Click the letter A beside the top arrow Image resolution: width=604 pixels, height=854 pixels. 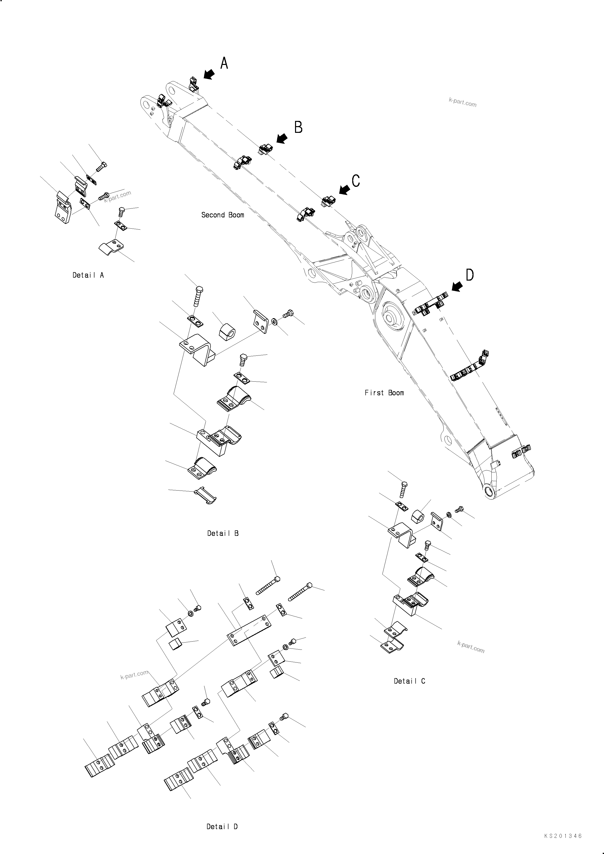(x=224, y=63)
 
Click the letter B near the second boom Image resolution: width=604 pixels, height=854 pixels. (x=298, y=127)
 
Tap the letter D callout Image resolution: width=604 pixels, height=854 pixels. (x=470, y=275)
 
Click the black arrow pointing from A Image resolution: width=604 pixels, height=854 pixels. (x=209, y=74)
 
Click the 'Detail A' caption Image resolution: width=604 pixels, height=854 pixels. (x=88, y=275)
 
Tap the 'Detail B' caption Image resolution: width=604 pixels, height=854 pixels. (x=223, y=533)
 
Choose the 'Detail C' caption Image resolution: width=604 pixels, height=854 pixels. (x=409, y=681)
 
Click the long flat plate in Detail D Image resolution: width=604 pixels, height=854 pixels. (x=249, y=631)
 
